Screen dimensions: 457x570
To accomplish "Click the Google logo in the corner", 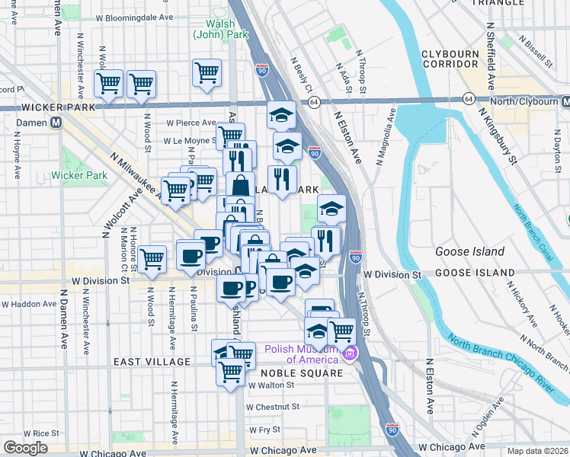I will coord(25,448).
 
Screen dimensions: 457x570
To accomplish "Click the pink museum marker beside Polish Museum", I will coord(350,353).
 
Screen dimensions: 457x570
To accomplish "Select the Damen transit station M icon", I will coord(56,123).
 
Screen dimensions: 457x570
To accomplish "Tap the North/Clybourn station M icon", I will coord(565,101).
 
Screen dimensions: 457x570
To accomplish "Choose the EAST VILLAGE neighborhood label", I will coord(152,361).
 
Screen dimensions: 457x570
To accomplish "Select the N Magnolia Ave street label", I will coord(385,136).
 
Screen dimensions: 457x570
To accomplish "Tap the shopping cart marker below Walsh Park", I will coord(207,73).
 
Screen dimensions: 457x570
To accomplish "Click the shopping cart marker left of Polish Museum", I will coord(342,331).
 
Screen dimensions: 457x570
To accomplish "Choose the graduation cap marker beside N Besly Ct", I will coord(281,114).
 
